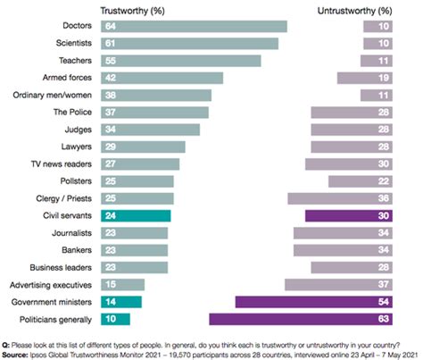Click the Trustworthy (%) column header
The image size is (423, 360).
(x=132, y=11)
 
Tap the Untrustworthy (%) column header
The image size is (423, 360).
(x=354, y=11)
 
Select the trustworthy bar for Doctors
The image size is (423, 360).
(x=194, y=26)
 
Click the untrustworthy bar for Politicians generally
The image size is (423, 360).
(x=301, y=319)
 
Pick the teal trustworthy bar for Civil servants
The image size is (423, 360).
(x=136, y=216)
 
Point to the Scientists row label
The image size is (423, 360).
(x=74, y=43)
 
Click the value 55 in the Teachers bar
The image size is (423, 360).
(x=111, y=61)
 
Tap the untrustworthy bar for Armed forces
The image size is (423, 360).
(x=365, y=78)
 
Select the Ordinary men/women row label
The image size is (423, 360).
(x=53, y=96)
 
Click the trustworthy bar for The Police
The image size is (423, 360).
(x=154, y=113)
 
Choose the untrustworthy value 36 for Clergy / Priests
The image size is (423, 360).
(x=384, y=198)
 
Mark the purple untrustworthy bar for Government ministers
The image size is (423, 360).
(x=314, y=302)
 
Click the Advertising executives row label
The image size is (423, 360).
(x=51, y=285)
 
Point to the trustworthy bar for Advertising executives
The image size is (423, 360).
(x=122, y=285)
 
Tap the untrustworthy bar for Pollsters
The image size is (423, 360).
(x=361, y=181)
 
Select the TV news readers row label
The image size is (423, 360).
(x=62, y=164)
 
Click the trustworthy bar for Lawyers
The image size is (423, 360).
(x=143, y=147)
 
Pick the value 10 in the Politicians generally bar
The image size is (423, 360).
(x=111, y=319)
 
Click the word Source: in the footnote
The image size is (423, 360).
(x=14, y=355)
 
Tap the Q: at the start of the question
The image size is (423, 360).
(x=5, y=346)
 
